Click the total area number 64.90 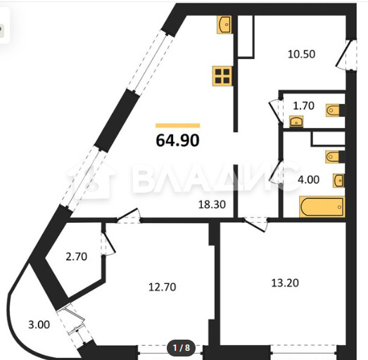pos(177,140)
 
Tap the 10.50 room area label pos(301,54)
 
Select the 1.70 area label pos(304,105)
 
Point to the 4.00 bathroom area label pos(308,179)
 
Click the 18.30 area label pos(212,205)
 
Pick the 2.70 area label pos(76,257)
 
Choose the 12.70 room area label pos(162,287)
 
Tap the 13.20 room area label pos(285,283)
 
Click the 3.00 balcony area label pos(39,325)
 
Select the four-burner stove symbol pos(222,76)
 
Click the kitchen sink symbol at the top pos(224,25)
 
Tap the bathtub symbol pos(322,207)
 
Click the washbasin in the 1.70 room pos(296,122)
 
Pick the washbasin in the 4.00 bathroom pos(338,181)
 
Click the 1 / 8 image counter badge pos(181,348)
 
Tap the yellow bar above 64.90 pos(177,125)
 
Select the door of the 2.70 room pos(108,243)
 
